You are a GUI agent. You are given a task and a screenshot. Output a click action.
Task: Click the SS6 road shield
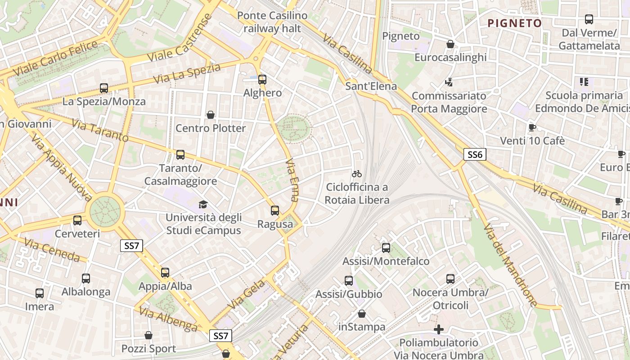click(475, 155)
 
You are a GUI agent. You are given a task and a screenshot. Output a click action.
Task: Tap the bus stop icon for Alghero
click(262, 80)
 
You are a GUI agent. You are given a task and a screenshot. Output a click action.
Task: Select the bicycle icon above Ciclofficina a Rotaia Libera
click(357, 173)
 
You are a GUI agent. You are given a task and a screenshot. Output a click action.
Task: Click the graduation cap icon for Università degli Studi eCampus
click(203, 204)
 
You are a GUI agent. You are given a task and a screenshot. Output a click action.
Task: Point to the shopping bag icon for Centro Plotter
click(210, 115)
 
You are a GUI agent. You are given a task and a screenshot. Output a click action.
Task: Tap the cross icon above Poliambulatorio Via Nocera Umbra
click(439, 329)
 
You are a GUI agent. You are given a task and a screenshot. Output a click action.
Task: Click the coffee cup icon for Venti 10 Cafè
click(532, 127)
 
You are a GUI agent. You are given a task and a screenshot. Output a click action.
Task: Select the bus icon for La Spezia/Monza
click(104, 88)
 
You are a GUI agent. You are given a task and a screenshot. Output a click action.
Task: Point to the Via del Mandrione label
click(510, 265)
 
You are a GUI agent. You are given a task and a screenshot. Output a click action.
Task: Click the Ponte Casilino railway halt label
click(272, 22)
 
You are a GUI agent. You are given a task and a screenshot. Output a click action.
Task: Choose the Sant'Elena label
click(371, 86)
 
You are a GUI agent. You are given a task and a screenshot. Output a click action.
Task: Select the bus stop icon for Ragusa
click(275, 211)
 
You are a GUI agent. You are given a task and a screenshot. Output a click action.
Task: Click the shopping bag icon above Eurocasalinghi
click(450, 44)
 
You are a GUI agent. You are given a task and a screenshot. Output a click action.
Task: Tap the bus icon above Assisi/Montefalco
click(386, 248)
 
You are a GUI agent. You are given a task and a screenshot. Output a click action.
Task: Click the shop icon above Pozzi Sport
click(148, 336)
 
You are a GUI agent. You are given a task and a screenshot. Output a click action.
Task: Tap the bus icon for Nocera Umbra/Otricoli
click(450, 279)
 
